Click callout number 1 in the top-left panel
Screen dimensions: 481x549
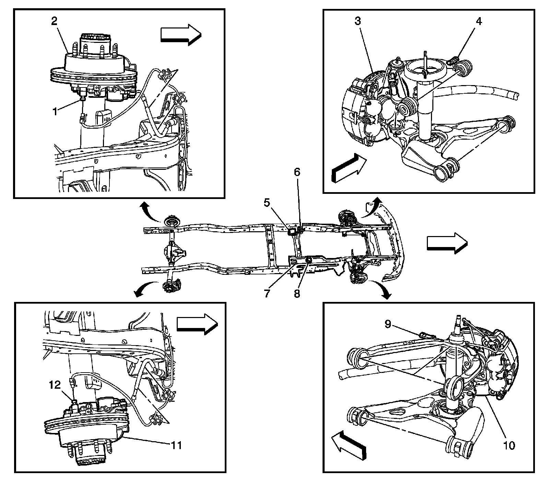[x=55, y=112]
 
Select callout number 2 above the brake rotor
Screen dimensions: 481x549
[x=54, y=21]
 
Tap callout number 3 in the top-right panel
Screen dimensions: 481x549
[x=358, y=21]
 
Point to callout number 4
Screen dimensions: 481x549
[x=478, y=21]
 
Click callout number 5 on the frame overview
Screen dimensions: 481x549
[x=267, y=202]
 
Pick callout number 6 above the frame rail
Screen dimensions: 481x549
[x=297, y=172]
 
